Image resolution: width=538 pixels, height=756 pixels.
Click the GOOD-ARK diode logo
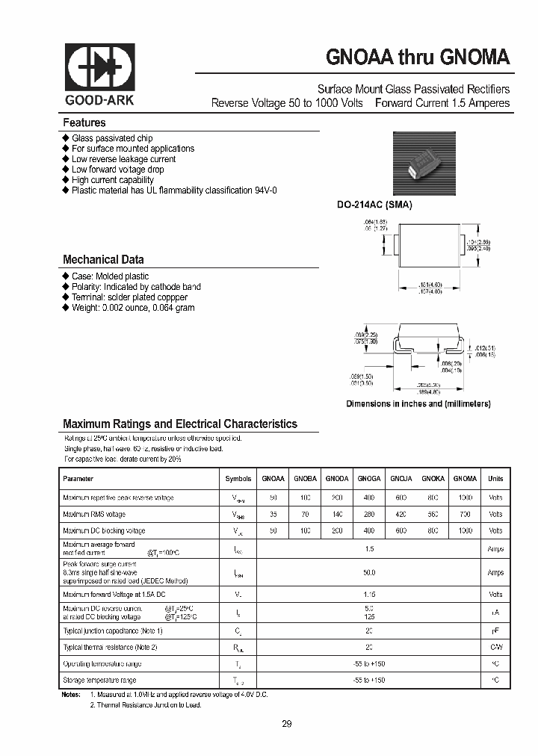pyautogui.click(x=100, y=69)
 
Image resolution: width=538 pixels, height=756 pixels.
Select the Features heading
pyautogui.click(x=84, y=123)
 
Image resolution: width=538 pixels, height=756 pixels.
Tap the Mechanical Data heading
pyautogui.click(x=103, y=260)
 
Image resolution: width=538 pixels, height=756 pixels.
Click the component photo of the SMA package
pyautogui.click(x=423, y=163)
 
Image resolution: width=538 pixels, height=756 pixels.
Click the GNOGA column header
pyautogui.click(x=368, y=479)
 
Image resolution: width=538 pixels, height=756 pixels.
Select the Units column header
pyautogui.click(x=495, y=479)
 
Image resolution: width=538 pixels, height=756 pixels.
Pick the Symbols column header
pyautogui.click(x=238, y=479)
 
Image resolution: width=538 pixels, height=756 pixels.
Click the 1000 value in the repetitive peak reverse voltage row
pyautogui.click(x=465, y=497)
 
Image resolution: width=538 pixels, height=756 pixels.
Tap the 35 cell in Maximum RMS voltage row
pyautogui.click(x=273, y=514)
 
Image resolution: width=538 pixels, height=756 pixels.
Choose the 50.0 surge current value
pyautogui.click(x=368, y=572)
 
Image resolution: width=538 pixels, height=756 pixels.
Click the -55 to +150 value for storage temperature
pyautogui.click(x=368, y=681)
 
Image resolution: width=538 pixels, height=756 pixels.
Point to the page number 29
pyautogui.click(x=287, y=724)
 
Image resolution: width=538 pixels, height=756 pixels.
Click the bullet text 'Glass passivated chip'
pyautogui.click(x=112, y=138)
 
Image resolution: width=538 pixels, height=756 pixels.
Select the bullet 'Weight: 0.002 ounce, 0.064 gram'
pyautogui.click(x=130, y=308)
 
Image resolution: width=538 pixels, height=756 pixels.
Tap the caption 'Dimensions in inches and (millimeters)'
pyautogui.click(x=418, y=403)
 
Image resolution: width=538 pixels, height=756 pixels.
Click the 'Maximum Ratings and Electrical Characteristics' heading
pyautogui.click(x=180, y=424)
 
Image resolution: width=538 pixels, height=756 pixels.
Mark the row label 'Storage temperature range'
pyautogui.click(x=99, y=681)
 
